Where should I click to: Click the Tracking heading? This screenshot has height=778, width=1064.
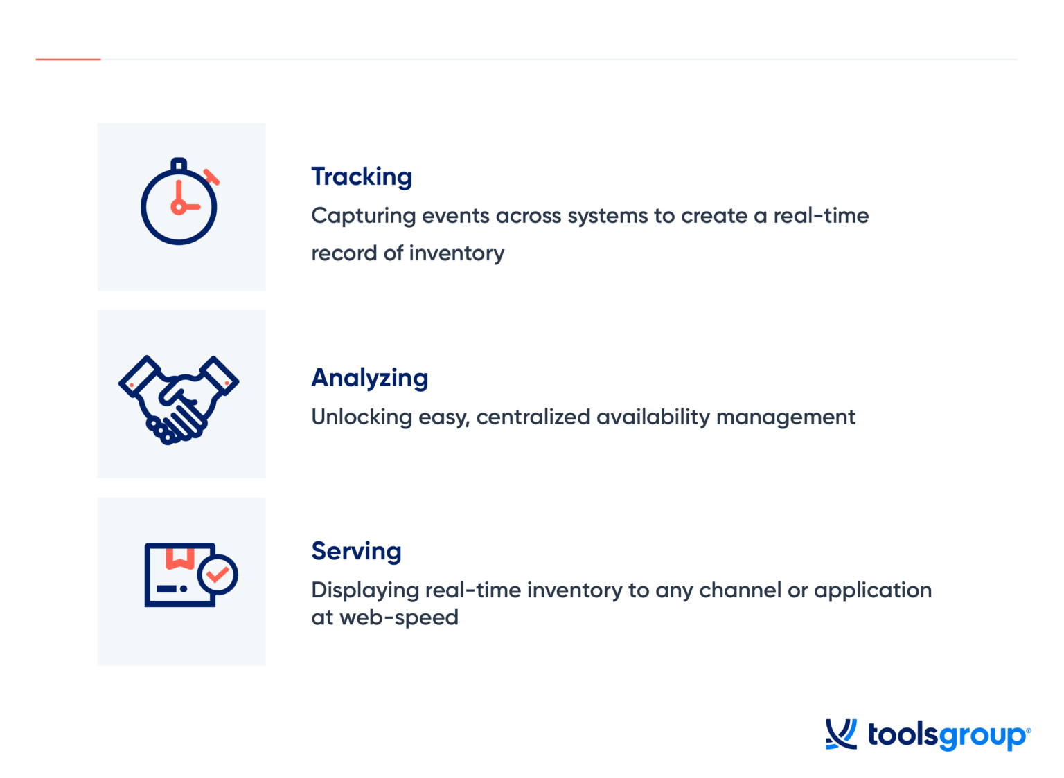point(362,177)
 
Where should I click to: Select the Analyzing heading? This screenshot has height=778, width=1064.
point(370,379)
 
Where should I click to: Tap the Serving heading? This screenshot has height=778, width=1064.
point(356,551)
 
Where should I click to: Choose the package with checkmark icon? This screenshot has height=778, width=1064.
point(190,575)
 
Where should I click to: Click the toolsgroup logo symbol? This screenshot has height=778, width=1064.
point(841,734)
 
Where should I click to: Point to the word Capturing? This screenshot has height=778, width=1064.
point(363,216)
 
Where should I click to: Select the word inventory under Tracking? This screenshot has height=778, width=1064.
point(456,253)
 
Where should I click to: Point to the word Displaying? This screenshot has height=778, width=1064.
point(365,590)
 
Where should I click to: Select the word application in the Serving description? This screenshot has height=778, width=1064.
point(873,590)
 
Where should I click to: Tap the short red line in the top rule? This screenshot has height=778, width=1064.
point(68,60)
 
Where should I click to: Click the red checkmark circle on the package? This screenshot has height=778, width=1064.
point(218,575)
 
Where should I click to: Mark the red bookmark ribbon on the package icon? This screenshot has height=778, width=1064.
point(179,558)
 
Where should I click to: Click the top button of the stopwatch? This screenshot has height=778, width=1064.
point(179,165)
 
